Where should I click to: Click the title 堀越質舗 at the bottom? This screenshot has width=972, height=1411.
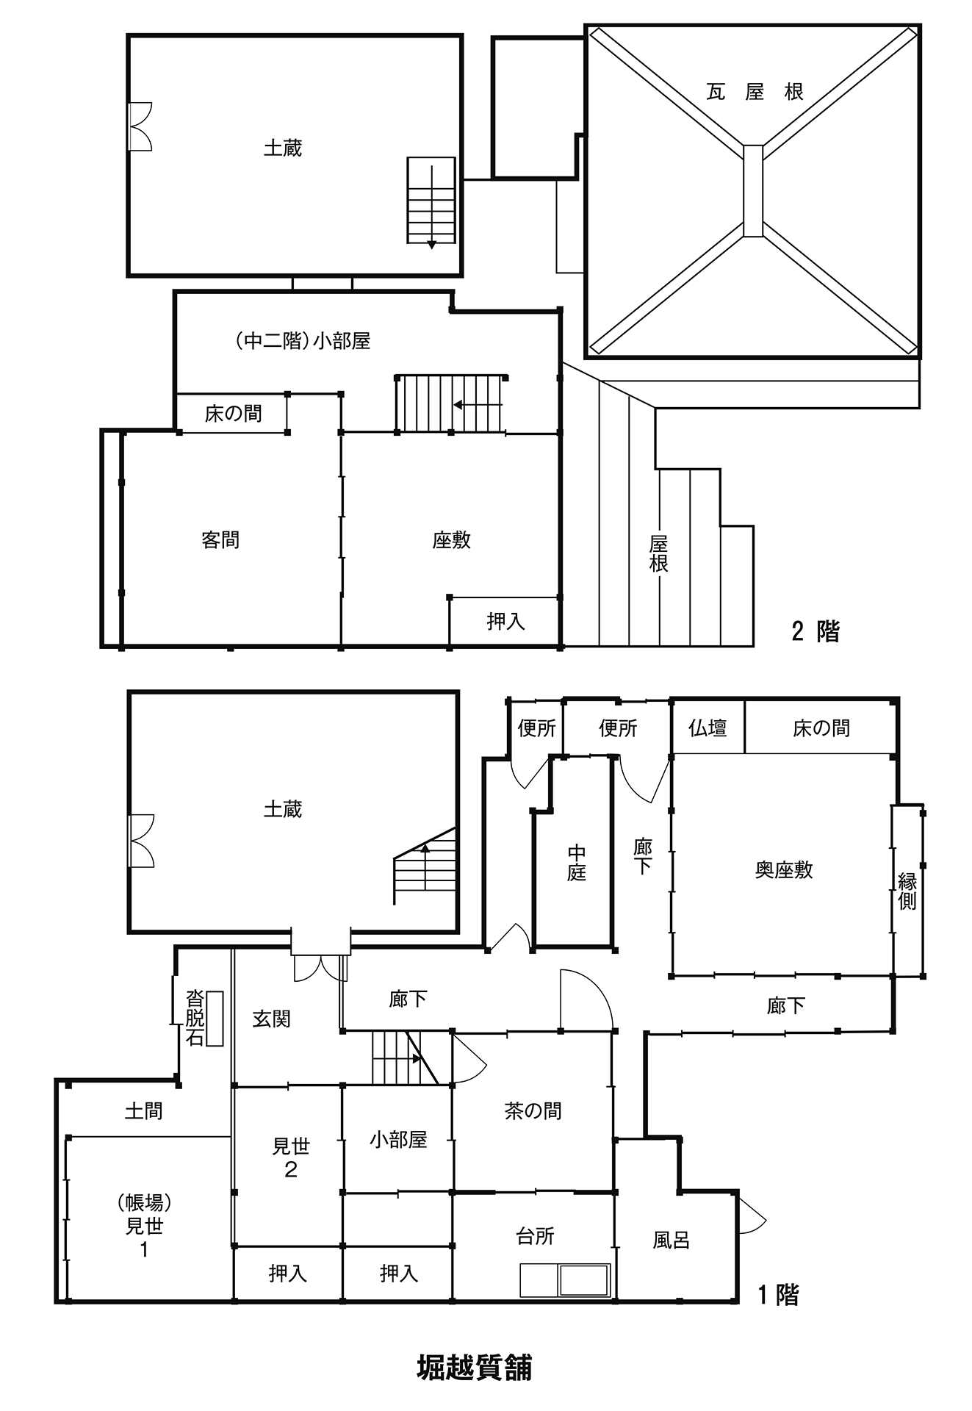click(x=474, y=1368)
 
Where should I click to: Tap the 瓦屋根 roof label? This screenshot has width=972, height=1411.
click(x=755, y=92)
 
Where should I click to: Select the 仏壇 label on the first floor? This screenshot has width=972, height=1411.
click(x=708, y=728)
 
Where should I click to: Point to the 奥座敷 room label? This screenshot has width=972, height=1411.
click(x=784, y=870)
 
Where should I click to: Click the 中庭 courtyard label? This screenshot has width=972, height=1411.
click(x=577, y=863)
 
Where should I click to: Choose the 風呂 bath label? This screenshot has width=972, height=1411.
click(x=671, y=1241)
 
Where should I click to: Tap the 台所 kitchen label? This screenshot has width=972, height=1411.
click(x=535, y=1236)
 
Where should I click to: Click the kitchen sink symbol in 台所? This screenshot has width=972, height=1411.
click(x=584, y=1279)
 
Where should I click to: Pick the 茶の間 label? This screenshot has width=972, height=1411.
click(x=533, y=1110)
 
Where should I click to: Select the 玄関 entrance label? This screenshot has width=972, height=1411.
click(x=271, y=1019)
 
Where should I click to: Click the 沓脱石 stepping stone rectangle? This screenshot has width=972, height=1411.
click(x=215, y=1018)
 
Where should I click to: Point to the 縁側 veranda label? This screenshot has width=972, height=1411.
click(x=907, y=891)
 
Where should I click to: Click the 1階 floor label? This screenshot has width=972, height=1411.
click(x=778, y=1295)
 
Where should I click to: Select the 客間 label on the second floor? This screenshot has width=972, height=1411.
click(x=220, y=540)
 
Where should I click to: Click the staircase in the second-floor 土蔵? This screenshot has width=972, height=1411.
click(x=431, y=201)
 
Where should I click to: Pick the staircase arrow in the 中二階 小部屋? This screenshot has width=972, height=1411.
click(x=478, y=404)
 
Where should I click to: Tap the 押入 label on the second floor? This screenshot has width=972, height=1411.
click(x=505, y=622)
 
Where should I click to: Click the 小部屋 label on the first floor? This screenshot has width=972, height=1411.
click(x=398, y=1139)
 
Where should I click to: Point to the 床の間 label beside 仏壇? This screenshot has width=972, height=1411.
click(x=821, y=728)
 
